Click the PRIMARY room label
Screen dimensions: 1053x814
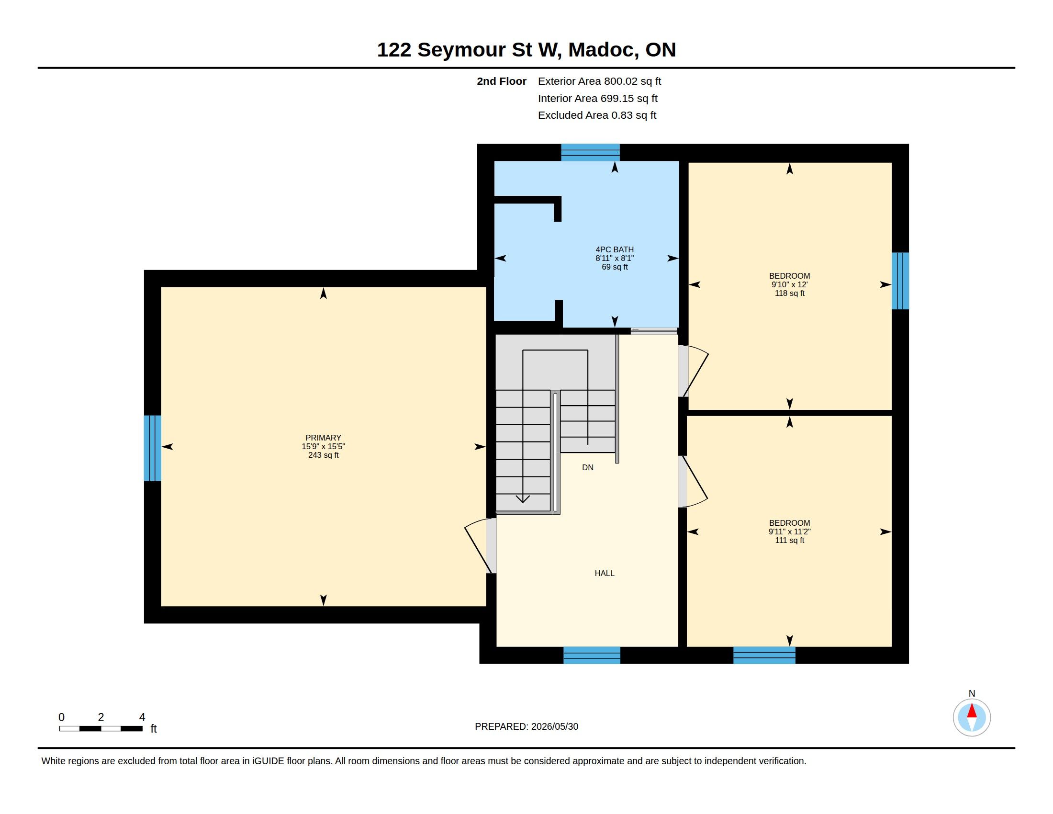[x=323, y=438]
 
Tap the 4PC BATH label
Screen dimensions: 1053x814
[x=614, y=249]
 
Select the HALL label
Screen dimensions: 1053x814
[x=604, y=573]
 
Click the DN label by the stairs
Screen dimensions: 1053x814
[x=587, y=467]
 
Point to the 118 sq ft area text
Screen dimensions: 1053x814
[x=789, y=293]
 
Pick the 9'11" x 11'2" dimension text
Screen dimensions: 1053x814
[x=789, y=531]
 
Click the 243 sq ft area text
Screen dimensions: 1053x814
[x=323, y=455]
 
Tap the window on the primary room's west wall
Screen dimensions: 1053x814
[x=152, y=448]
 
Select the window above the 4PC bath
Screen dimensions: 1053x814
[x=590, y=152]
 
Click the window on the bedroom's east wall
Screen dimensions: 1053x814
[x=900, y=281]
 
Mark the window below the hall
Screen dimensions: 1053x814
[x=592, y=656]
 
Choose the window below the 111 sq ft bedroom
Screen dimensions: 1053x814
[x=764, y=656]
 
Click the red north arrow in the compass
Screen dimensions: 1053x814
[x=972, y=711]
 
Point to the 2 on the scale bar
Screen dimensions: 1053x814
[x=101, y=717]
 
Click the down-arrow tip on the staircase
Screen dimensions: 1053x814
[x=523, y=502]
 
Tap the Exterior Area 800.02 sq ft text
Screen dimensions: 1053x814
[x=599, y=81]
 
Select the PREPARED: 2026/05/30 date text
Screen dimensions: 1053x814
[x=526, y=726]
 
